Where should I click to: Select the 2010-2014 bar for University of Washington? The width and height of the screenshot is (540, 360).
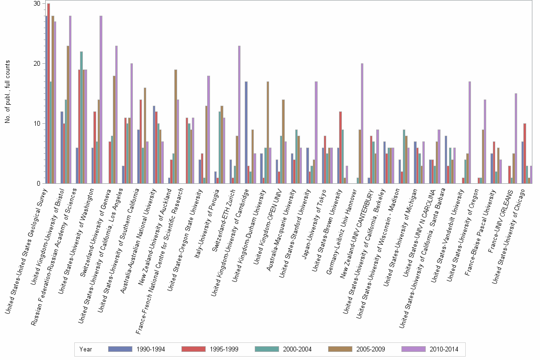click(x=101, y=100)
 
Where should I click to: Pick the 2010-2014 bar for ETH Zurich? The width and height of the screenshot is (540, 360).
click(x=239, y=114)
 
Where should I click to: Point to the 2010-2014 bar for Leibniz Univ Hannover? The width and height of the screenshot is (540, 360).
click(x=362, y=123)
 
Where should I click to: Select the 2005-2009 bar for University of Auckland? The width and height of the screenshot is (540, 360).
click(x=175, y=126)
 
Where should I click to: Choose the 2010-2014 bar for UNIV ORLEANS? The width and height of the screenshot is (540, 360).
click(x=515, y=138)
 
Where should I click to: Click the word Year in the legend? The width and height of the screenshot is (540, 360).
click(x=86, y=349)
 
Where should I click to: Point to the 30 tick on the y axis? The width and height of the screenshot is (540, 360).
click(x=36, y=4)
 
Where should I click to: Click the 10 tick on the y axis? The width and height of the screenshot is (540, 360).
click(x=36, y=124)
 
